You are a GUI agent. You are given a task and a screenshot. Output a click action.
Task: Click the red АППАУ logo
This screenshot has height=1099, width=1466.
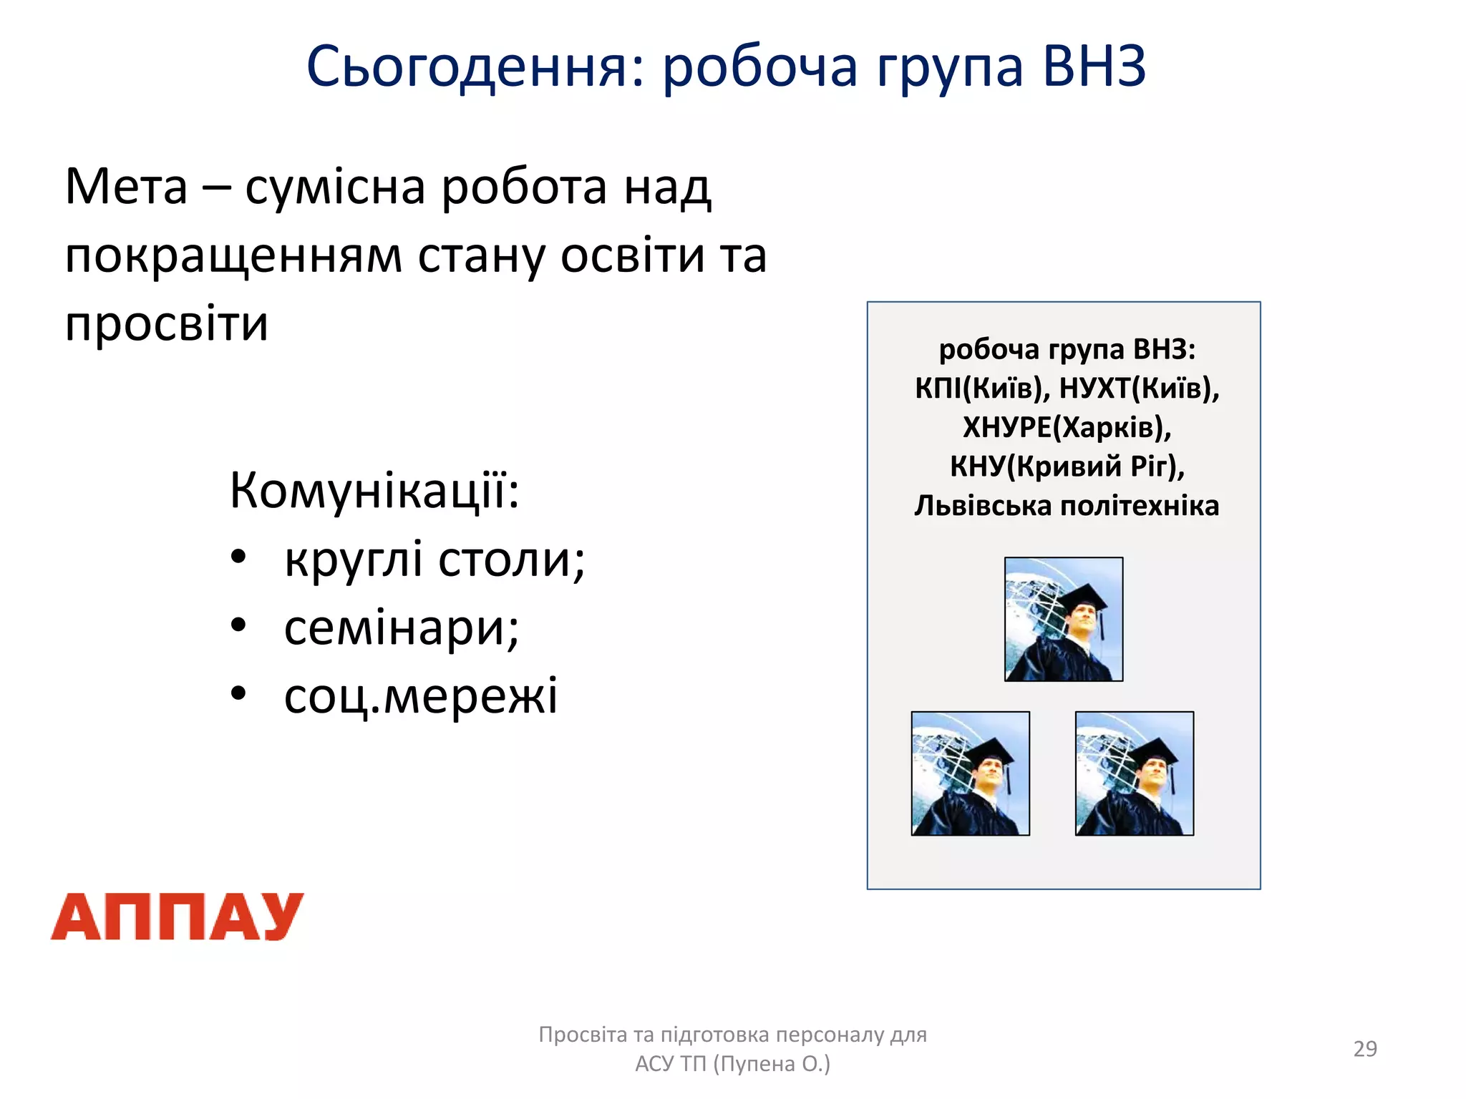pos(177,917)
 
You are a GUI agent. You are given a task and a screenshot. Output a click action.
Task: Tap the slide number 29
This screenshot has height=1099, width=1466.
pos(1365,1048)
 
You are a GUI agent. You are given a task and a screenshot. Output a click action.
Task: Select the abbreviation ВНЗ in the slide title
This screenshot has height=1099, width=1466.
pos(1094,66)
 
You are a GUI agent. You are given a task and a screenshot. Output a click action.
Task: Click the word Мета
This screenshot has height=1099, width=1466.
pos(126,186)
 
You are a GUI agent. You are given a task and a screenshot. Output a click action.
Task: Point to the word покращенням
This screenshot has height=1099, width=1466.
pos(233,256)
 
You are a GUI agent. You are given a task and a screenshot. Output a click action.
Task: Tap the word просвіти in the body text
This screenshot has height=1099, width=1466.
pos(166,324)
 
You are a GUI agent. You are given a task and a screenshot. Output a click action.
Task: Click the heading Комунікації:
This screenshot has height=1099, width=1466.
pos(374,491)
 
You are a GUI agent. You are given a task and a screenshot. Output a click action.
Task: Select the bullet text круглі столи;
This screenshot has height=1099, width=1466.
pos(435,560)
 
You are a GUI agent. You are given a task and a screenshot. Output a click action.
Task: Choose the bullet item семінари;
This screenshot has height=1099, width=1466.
pos(402,628)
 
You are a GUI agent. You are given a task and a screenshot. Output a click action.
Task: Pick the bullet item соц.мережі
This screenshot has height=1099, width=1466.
pos(421,696)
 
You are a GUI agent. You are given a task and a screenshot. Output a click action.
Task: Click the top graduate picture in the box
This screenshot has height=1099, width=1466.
pos(1064,619)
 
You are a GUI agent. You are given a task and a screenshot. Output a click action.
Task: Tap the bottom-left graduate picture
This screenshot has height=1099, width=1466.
pos(970,773)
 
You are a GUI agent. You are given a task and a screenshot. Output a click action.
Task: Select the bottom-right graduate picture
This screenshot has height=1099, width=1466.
pos(1135,773)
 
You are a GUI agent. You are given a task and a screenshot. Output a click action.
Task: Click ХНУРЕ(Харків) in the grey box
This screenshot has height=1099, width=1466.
pos(1067,427)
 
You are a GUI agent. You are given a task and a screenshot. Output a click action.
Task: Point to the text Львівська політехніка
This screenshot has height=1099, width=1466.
pos(1067,506)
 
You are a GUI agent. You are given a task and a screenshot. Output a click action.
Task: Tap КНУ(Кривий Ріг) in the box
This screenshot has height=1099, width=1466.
pos(1067,467)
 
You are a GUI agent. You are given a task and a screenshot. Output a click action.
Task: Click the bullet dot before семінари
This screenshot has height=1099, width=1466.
pos(239,625)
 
